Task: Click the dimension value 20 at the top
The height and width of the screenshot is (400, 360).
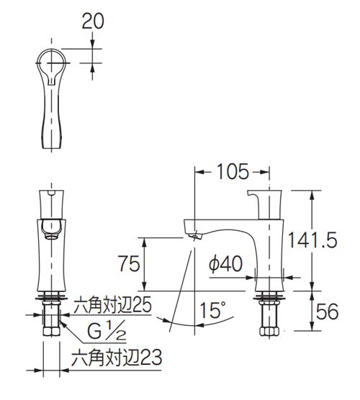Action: pyautogui.click(x=94, y=21)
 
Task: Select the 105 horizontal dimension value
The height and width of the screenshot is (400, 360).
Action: pyautogui.click(x=232, y=171)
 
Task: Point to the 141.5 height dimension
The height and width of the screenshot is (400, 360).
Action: pyautogui.click(x=321, y=240)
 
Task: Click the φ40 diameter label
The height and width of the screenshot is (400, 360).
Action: pyautogui.click(x=225, y=264)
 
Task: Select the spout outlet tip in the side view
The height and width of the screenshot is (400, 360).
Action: pyautogui.click(x=194, y=233)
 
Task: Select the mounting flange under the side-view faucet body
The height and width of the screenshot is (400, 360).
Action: pyautogui.click(x=269, y=294)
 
